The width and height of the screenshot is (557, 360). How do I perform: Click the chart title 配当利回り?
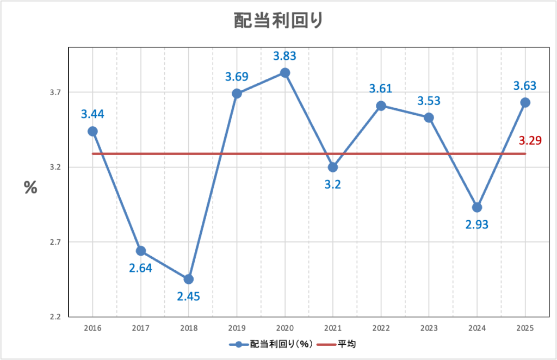[278, 21]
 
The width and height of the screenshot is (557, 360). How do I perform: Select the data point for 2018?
[189, 279]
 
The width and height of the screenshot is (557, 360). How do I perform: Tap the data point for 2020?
[284, 73]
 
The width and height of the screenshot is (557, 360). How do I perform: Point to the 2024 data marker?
[477, 207]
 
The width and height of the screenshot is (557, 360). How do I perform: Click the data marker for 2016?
[92, 131]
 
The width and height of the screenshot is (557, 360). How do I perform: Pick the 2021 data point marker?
[333, 167]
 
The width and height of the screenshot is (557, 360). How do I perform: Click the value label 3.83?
[284, 55]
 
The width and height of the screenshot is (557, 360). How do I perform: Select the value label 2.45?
[188, 297]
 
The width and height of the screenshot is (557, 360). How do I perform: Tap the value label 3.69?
[237, 77]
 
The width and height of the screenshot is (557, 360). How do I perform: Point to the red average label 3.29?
[530, 141]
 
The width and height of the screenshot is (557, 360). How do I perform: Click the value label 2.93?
[477, 224]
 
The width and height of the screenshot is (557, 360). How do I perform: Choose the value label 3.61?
[381, 89]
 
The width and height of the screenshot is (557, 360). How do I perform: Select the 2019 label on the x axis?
[237, 328]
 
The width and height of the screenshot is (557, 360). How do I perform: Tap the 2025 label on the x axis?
[525, 328]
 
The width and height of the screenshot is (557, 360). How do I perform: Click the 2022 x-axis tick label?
[381, 328]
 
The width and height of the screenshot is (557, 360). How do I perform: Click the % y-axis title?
[30, 188]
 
